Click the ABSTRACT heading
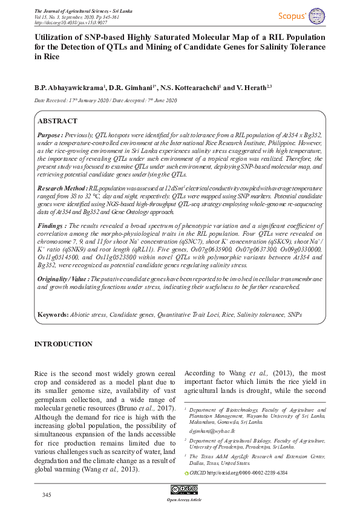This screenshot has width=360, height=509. [57, 121]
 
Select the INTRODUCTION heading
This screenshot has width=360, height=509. [63, 344]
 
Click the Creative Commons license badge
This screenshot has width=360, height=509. [180, 490]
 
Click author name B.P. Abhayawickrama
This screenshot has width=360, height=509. [69, 87]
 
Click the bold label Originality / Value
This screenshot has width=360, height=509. [63, 279]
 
